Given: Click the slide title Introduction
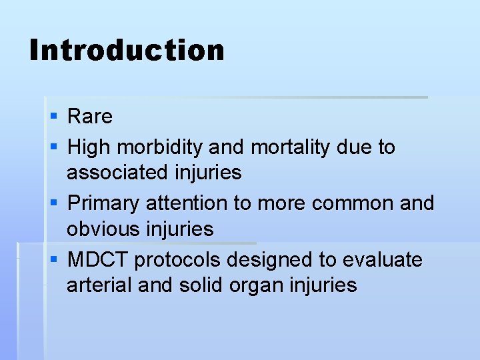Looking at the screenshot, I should pyautogui.click(x=127, y=51).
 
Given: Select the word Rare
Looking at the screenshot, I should pyautogui.click(x=90, y=117).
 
